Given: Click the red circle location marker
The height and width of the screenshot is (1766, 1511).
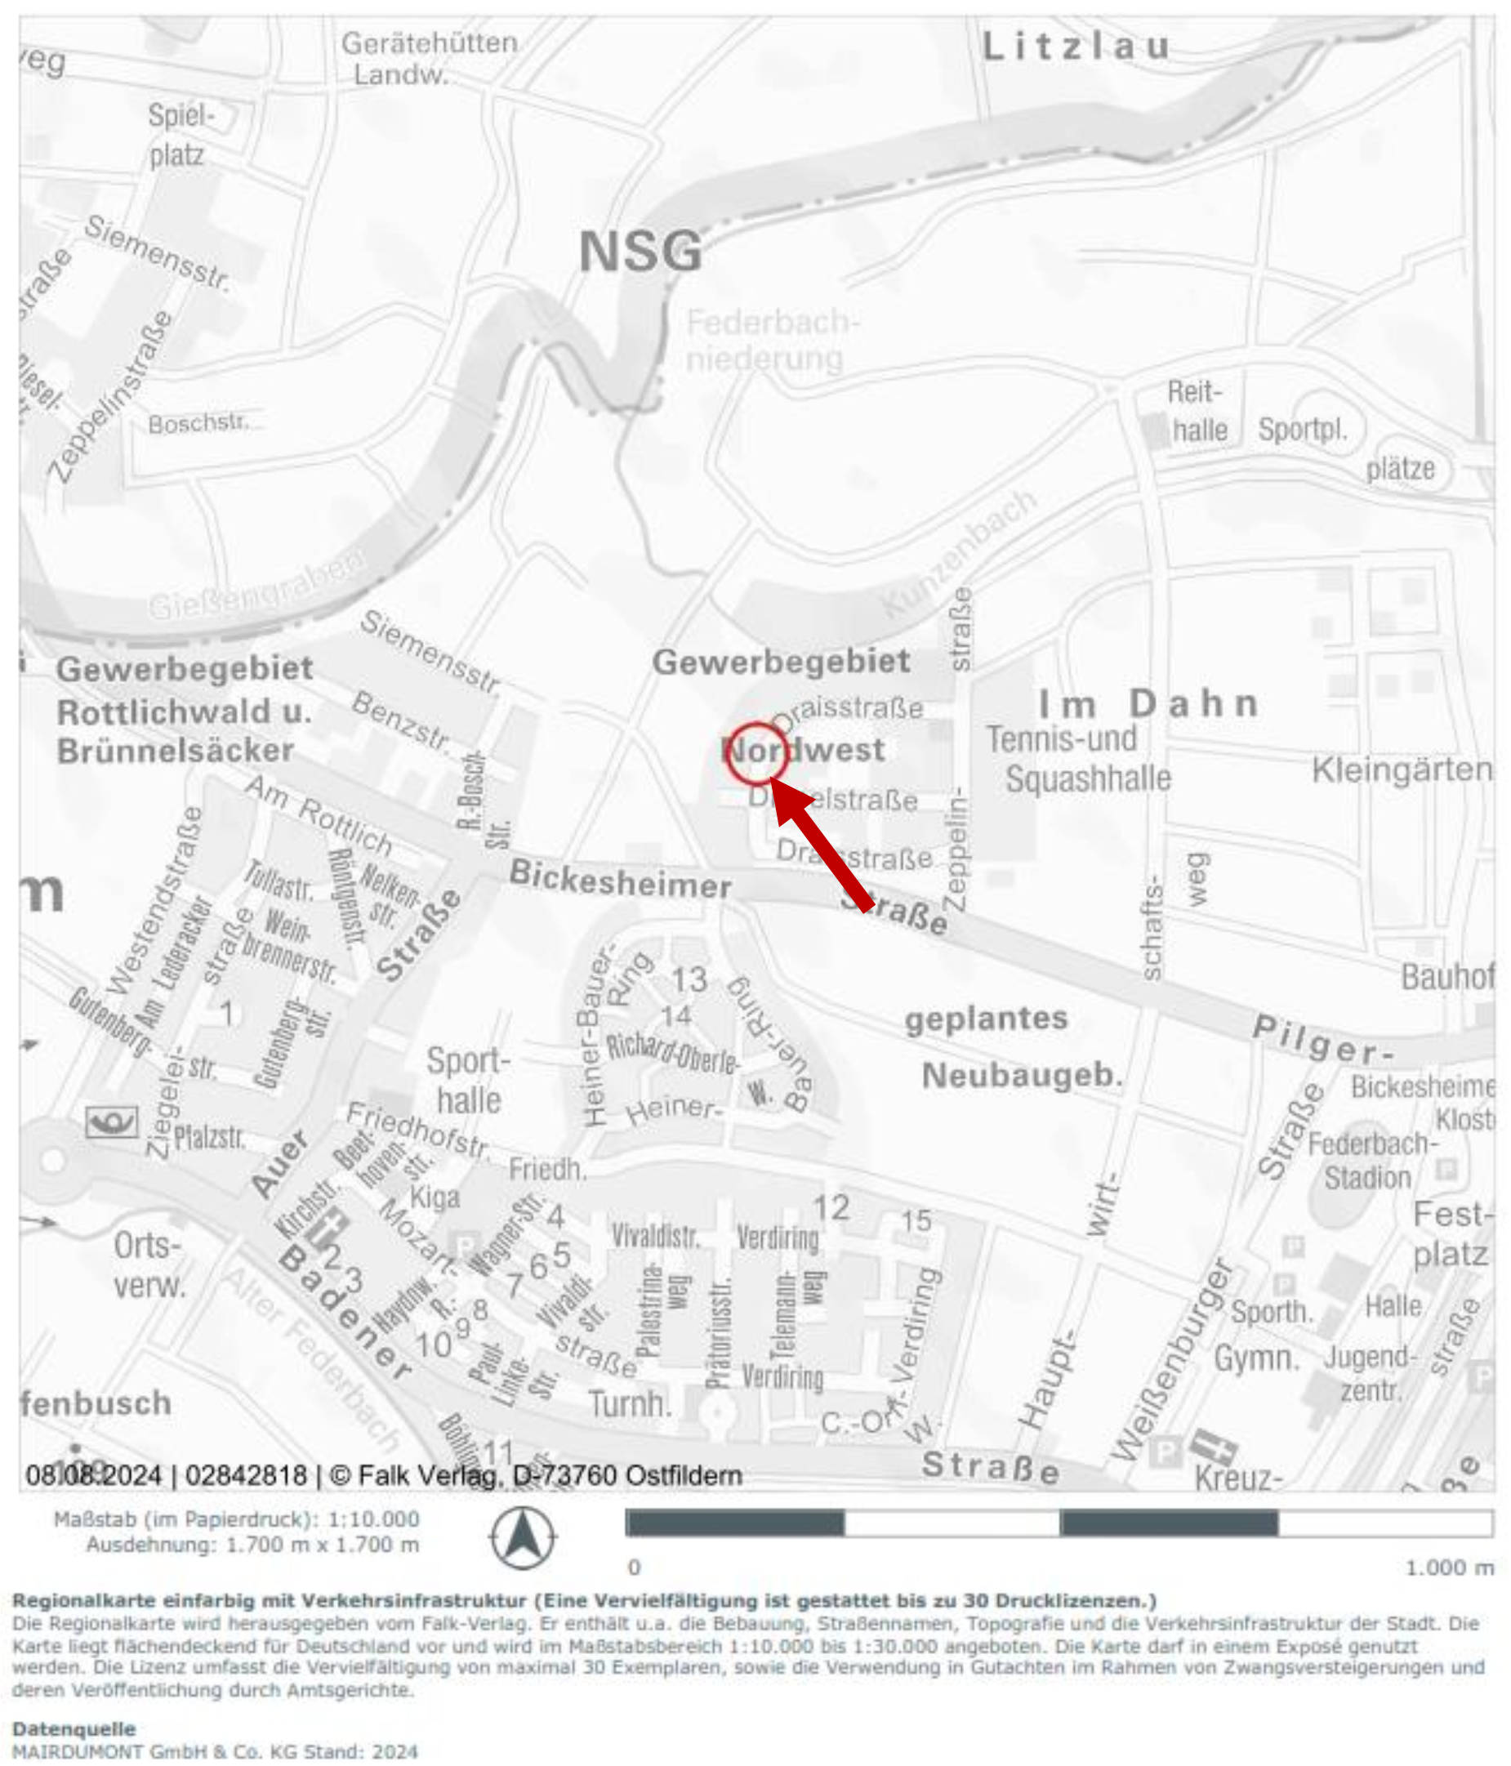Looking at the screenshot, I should (x=755, y=752).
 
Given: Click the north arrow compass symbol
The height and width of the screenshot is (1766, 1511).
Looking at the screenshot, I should (x=523, y=1537).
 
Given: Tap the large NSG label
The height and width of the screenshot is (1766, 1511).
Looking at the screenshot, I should (x=640, y=252).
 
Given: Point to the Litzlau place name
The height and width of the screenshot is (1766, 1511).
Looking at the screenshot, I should (x=1076, y=46).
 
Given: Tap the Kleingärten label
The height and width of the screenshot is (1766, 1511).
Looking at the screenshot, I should (x=1401, y=769).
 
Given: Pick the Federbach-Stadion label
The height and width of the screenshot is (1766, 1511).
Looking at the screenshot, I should (x=1371, y=1160).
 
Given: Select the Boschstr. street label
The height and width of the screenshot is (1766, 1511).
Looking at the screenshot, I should (x=198, y=424).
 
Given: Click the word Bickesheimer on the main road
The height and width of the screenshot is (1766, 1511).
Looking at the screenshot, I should (x=620, y=880).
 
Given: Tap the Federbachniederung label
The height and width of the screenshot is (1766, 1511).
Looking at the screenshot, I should (x=771, y=340).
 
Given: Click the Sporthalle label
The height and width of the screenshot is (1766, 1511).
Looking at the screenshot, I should (x=468, y=1080).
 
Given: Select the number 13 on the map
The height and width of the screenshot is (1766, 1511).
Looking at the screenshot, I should (x=689, y=979).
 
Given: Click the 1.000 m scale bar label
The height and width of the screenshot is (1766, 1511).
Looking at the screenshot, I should (x=1449, y=1568).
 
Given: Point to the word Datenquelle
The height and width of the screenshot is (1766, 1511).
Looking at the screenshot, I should (x=74, y=1728).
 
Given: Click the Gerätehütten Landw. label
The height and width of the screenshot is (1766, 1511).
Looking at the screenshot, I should (x=429, y=58).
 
